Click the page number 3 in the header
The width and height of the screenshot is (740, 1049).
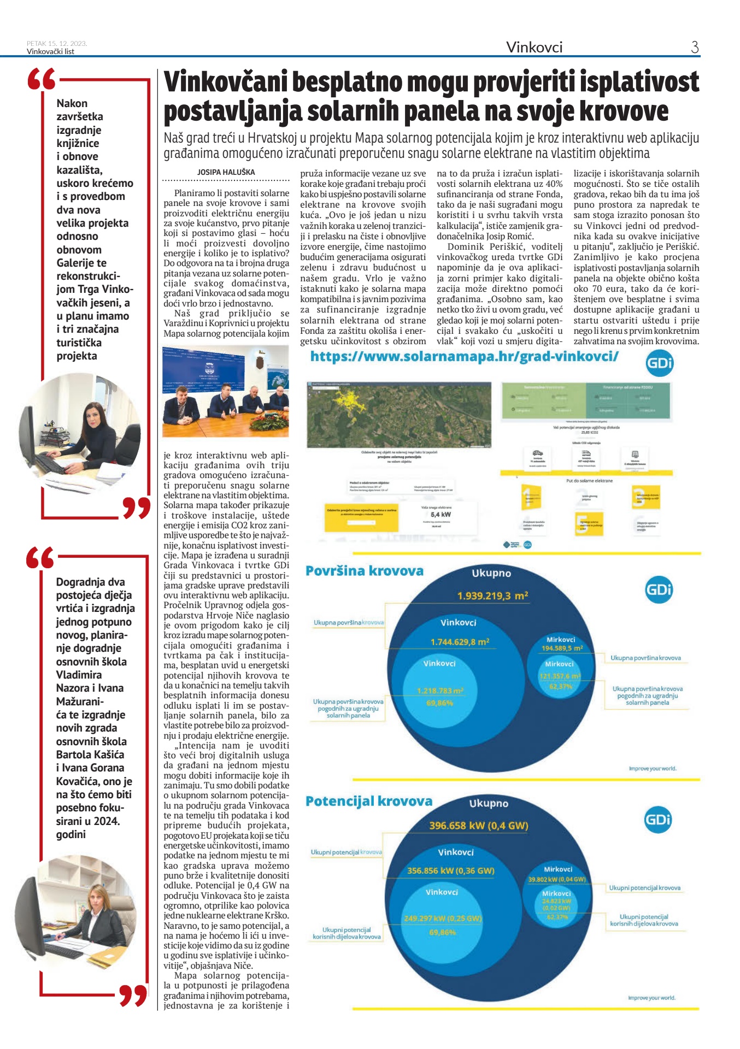(x=695, y=47)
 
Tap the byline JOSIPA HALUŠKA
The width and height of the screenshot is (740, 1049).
(x=226, y=172)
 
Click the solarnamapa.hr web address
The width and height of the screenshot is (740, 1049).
(x=464, y=357)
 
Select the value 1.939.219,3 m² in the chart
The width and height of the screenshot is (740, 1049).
(x=492, y=596)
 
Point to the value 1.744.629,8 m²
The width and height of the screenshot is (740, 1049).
(x=460, y=642)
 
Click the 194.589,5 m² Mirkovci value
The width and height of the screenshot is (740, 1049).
(x=562, y=648)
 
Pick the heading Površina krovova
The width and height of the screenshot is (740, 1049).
(x=365, y=571)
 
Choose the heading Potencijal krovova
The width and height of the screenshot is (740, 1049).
(x=369, y=802)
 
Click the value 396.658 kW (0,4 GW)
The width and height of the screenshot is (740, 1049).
(x=479, y=826)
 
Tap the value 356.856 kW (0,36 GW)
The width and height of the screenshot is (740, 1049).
(x=451, y=871)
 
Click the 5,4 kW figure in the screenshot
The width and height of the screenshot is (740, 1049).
(x=441, y=515)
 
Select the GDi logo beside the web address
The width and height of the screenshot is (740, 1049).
(x=659, y=363)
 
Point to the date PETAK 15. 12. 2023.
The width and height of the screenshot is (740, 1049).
(x=57, y=44)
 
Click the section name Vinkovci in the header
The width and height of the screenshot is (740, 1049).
(x=534, y=48)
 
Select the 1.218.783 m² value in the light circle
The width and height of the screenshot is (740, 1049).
(x=440, y=691)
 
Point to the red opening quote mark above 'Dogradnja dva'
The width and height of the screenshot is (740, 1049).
(x=40, y=558)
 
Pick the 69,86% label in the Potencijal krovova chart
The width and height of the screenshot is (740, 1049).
(x=442, y=932)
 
